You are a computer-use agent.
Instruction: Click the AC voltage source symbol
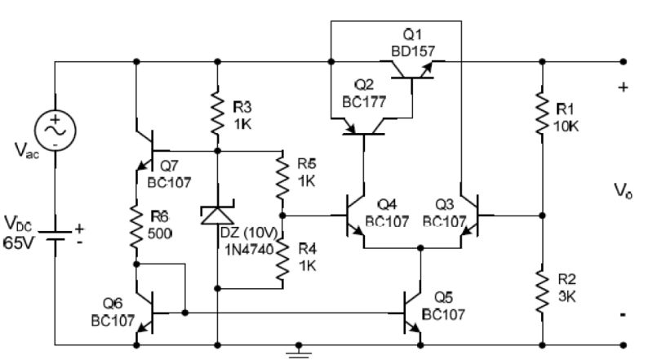(54, 131)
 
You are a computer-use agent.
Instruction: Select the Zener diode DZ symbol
(216, 216)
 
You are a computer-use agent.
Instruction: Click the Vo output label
(623, 190)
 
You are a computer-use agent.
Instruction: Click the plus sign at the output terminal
(624, 87)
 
